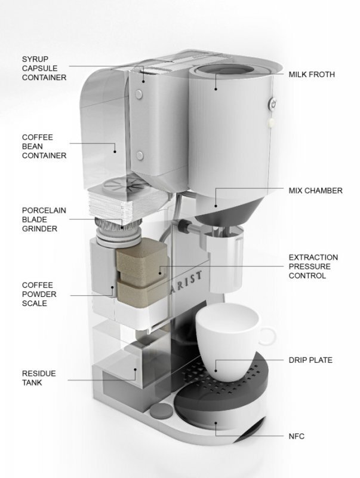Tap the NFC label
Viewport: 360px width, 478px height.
pos(296,436)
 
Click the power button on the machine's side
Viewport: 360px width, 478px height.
pos(273,103)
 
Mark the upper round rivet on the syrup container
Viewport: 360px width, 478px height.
pos(138,93)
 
